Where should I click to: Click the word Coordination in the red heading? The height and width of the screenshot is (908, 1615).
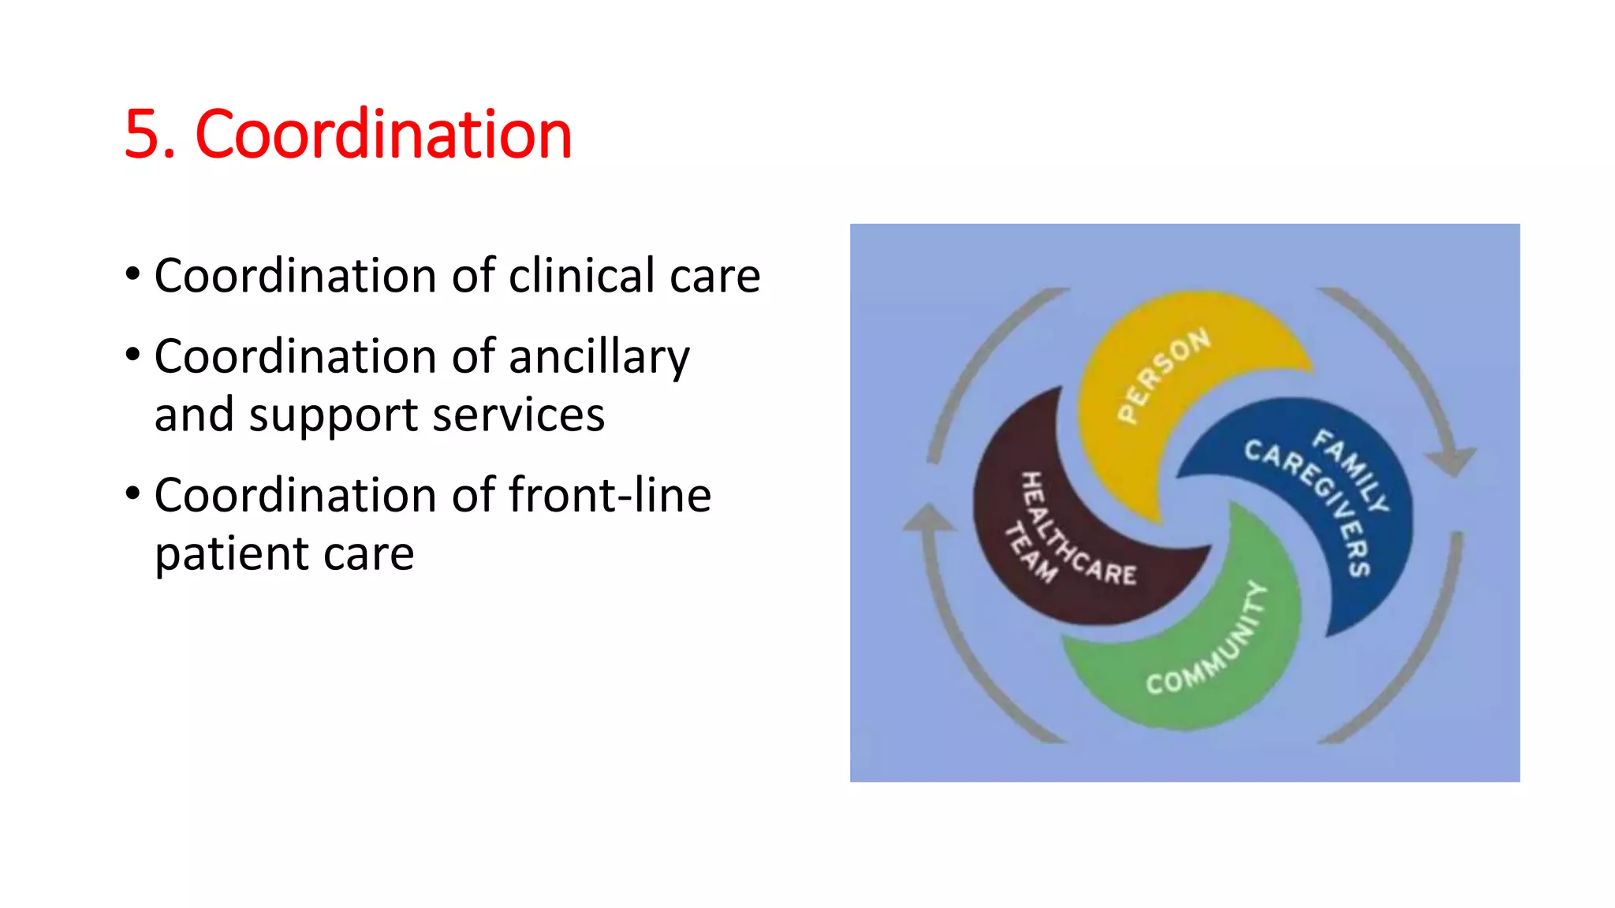383,135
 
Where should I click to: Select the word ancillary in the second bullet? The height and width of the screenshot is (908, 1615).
599,357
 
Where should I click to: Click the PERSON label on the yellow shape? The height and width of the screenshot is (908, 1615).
1164,375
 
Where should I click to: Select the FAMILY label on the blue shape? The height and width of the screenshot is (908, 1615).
1350,471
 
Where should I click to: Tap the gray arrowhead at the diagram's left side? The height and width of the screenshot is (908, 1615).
929,520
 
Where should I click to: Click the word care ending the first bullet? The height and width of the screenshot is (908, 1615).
714,276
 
